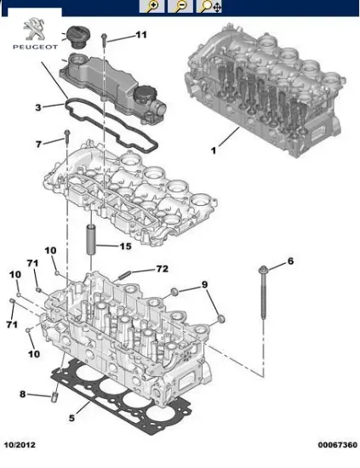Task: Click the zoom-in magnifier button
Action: [x=151, y=6]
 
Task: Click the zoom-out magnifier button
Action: [x=180, y=6]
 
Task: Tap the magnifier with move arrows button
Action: [x=209, y=6]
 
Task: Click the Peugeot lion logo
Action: [x=35, y=29]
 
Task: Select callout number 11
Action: [x=141, y=35]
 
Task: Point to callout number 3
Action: [x=38, y=107]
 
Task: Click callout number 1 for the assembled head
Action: [x=213, y=151]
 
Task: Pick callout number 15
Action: [x=126, y=246]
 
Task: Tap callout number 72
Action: [x=163, y=269]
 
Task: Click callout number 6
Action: [x=290, y=261]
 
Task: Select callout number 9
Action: [x=204, y=284]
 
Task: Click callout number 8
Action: [x=23, y=394]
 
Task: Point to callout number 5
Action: [x=71, y=418]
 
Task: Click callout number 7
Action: [x=38, y=145]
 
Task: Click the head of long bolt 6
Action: [x=263, y=270]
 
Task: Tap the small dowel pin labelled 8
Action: [x=54, y=397]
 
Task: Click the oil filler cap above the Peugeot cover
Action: [x=76, y=36]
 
